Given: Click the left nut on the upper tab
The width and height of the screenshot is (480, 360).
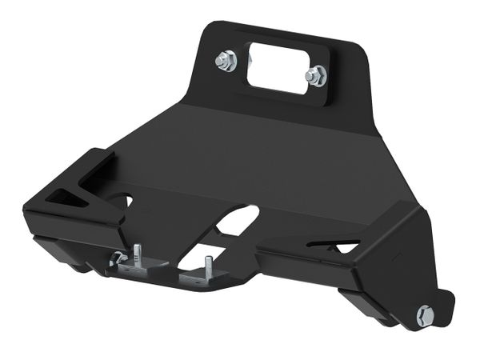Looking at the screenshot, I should point(226,61).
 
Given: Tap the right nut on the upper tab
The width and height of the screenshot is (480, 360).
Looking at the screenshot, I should point(316,76).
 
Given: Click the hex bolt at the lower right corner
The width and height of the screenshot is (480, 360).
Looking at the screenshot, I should point(426,315).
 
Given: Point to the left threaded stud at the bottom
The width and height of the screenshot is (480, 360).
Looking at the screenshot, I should point(137,254).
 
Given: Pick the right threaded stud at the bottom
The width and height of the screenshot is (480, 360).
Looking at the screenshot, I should point(206,264).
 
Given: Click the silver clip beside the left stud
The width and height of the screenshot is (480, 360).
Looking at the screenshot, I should point(118,258).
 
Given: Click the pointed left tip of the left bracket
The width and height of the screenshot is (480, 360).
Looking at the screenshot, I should point(26,210).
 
